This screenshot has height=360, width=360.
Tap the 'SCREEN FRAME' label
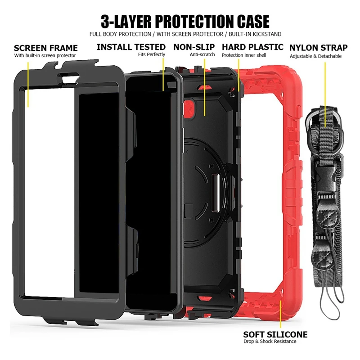click(x=45, y=48)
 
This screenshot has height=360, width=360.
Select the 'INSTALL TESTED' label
click(x=131, y=47)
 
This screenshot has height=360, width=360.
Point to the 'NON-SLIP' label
click(x=194, y=47)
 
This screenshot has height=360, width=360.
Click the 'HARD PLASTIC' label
click(x=252, y=47)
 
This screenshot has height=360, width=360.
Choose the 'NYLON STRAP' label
click(x=318, y=48)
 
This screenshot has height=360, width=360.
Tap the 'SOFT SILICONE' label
click(x=275, y=334)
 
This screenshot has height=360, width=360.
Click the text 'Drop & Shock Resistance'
click(x=270, y=342)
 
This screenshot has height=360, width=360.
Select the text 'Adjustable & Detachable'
click(x=315, y=56)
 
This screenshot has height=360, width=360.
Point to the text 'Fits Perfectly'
click(x=152, y=54)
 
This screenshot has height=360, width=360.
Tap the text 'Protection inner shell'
click(x=244, y=55)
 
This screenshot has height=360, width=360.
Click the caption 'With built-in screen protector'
click(x=45, y=55)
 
